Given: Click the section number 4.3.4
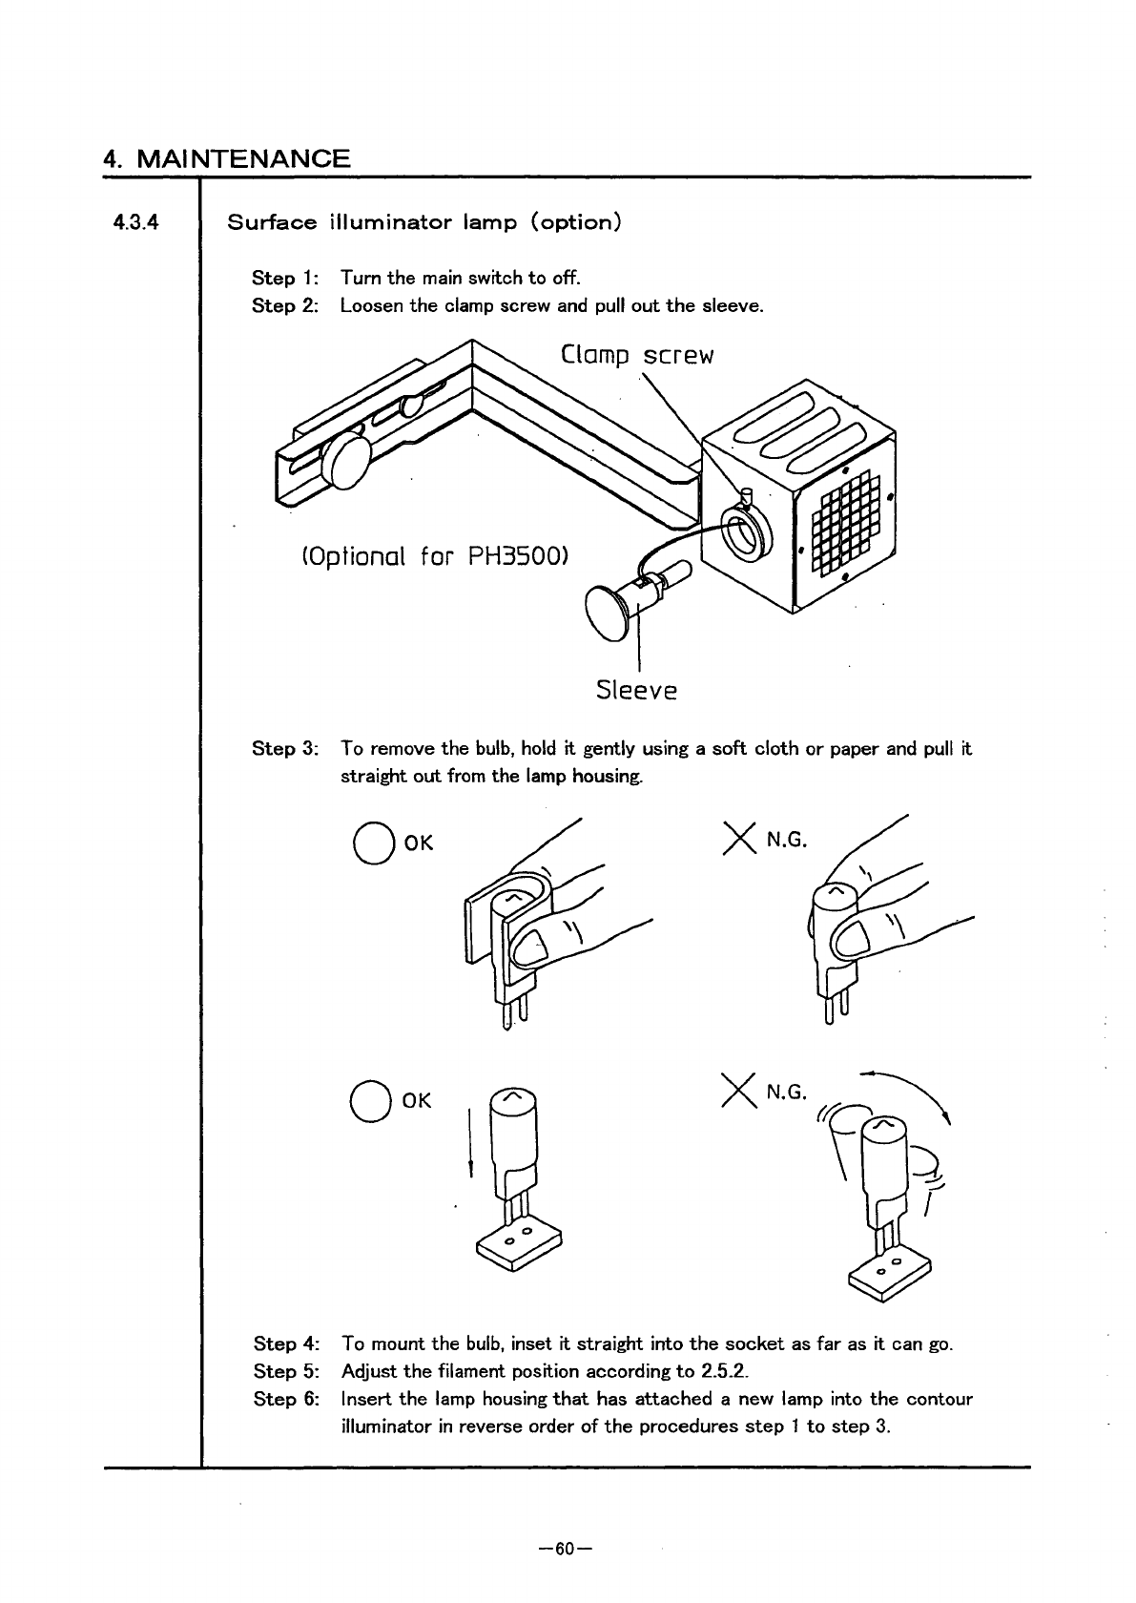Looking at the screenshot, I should (x=134, y=223).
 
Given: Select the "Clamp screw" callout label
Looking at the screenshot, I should (x=637, y=356).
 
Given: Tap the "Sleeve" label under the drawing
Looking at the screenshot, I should (x=636, y=689).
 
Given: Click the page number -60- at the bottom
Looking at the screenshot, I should (x=567, y=1548).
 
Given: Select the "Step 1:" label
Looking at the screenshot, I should (x=285, y=279).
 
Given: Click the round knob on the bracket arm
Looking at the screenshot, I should (x=344, y=462).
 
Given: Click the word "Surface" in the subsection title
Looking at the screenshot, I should (x=272, y=223).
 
